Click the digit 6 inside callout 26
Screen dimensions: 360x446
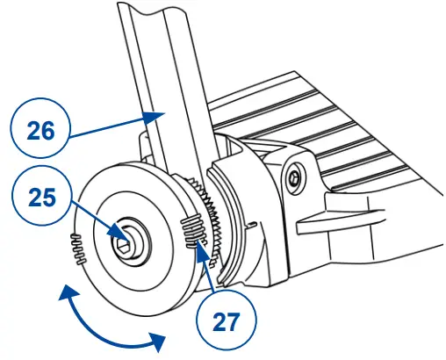pyautogui.click(x=48, y=129)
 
